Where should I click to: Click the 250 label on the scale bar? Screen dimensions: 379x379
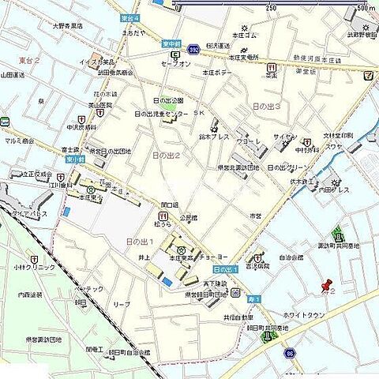click(272, 8)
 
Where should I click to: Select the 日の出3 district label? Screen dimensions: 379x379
click(266, 106)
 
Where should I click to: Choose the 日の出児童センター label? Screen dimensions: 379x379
click(162, 114)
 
